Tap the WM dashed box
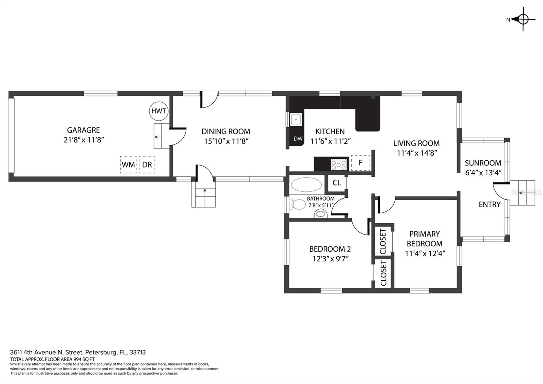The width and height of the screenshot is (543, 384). (x=128, y=164)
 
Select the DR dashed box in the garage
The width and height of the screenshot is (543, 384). (x=147, y=164)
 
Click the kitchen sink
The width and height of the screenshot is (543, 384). (x=296, y=119)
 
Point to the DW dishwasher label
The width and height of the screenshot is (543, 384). (x=298, y=139)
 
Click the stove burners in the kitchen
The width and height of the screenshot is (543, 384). (x=339, y=164)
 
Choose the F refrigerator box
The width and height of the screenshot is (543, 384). (x=361, y=163)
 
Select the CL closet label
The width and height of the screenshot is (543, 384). (x=337, y=182)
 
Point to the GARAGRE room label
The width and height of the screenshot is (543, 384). (x=83, y=130)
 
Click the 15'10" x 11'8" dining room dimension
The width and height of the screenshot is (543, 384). (x=226, y=141)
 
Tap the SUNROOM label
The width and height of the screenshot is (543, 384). (x=483, y=163)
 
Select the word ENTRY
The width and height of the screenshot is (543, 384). (x=490, y=205)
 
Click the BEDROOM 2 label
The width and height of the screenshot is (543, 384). (x=330, y=249)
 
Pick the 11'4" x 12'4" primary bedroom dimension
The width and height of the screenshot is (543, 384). (x=425, y=254)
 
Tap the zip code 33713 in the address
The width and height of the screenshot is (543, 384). (x=137, y=352)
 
